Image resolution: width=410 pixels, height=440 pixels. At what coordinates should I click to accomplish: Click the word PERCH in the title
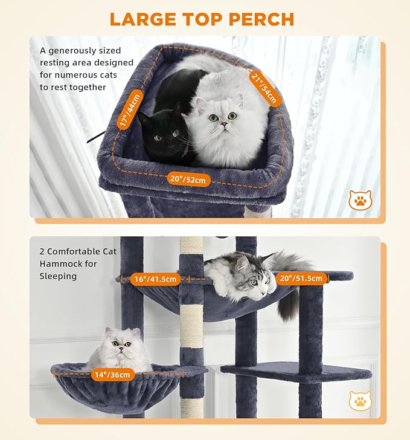coord(261,19)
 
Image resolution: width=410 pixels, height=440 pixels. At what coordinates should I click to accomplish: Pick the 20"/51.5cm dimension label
coord(302,279)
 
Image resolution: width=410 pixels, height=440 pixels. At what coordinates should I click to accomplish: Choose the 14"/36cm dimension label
coord(112,375)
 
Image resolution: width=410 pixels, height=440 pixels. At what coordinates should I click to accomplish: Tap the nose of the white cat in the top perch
coord(223,124)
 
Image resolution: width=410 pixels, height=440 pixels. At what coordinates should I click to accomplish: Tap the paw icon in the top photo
coord(360,200)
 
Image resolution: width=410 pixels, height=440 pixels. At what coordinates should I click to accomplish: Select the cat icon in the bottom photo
coord(360,400)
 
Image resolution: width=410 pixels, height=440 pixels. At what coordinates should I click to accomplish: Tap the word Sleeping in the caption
coord(59,276)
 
